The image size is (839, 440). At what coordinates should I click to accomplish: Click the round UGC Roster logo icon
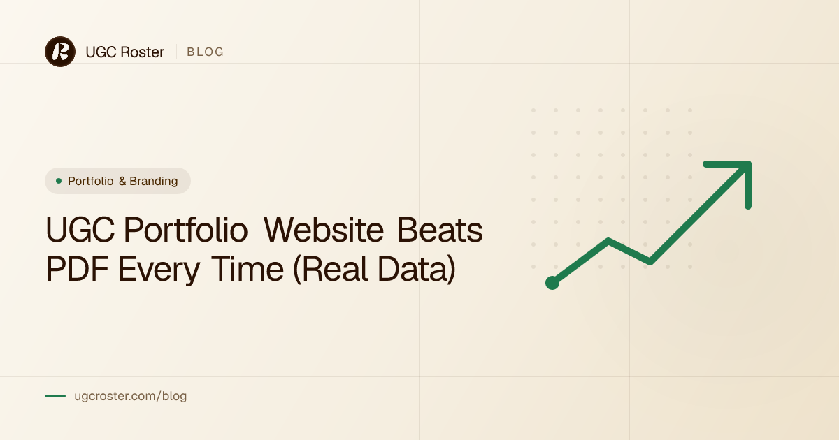(60, 52)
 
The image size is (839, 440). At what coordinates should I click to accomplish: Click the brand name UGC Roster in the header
(124, 52)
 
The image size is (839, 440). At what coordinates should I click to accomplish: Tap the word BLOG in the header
(206, 52)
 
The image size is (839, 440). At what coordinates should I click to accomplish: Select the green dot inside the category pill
(59, 181)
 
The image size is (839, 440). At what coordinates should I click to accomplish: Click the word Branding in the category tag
(154, 181)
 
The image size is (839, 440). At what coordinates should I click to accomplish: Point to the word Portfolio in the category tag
(91, 181)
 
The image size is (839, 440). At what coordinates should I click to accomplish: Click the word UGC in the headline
(80, 230)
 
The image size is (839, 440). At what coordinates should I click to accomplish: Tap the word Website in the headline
(324, 230)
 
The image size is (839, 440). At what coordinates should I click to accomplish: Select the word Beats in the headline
(440, 230)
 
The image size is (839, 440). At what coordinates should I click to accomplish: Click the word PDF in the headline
(77, 269)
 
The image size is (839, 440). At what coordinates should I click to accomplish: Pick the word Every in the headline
(159, 270)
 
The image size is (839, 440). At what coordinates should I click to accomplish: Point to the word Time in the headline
(248, 269)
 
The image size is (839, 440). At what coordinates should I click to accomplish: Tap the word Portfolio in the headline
(186, 230)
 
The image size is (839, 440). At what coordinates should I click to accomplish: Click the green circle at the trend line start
(552, 282)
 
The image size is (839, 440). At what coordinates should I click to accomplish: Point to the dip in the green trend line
(650, 261)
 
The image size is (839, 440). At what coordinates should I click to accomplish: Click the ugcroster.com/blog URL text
(130, 396)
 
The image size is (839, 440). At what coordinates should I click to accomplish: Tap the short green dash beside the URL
(55, 396)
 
